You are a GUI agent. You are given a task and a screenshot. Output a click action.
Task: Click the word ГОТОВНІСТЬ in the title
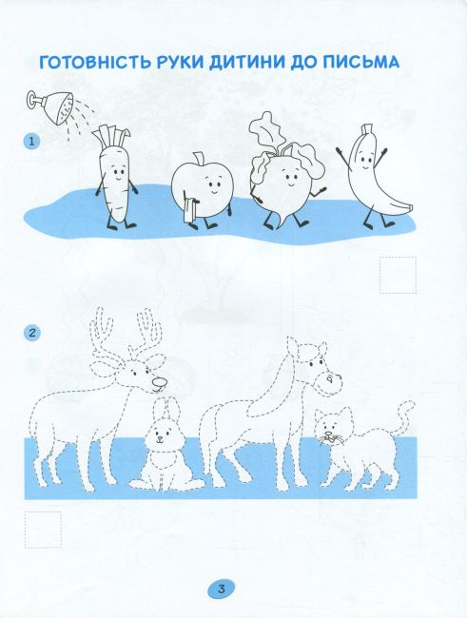point(95,62)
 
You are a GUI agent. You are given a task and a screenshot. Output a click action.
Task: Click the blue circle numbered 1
point(32,141)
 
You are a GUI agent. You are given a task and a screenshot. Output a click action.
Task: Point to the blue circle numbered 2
point(32,333)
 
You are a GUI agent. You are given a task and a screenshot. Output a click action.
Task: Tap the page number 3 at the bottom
point(222,589)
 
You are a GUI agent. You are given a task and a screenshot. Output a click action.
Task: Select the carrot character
point(115,178)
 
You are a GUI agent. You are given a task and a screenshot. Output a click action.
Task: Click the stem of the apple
point(198,159)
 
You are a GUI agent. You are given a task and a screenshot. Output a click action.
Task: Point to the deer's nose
point(160,382)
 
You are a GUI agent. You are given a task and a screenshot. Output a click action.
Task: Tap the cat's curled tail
point(402,418)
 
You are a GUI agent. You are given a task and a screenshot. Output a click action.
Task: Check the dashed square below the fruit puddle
point(398,275)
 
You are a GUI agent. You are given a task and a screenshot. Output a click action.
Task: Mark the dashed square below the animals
point(43,530)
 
